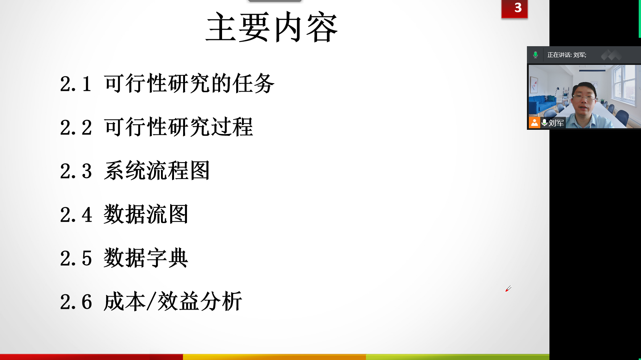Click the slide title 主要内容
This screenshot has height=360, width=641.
(272, 27)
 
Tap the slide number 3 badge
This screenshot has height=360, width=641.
(514, 9)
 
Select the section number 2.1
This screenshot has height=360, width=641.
(76, 84)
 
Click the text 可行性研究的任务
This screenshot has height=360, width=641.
(189, 83)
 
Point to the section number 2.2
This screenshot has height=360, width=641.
(76, 128)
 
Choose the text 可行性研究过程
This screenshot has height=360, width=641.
(178, 127)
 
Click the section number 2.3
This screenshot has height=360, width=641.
(76, 171)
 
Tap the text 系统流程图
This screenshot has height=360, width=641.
(157, 170)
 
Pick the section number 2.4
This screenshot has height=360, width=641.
(76, 215)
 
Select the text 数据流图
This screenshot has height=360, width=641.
(146, 214)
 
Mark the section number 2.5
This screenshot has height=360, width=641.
(76, 258)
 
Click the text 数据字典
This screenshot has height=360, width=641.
(146, 257)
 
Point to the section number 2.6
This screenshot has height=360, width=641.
(76, 302)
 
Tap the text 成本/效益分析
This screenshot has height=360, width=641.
(173, 301)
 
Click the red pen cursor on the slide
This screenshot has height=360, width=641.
(508, 289)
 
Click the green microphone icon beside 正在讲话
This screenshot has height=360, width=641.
(535, 55)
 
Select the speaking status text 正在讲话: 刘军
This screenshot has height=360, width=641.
(567, 55)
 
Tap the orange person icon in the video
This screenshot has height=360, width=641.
(534, 123)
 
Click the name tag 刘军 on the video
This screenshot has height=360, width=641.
(556, 123)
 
